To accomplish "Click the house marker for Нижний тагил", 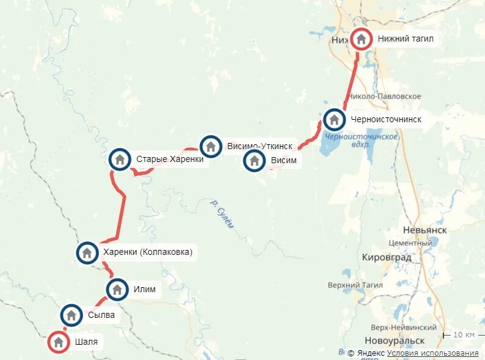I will click(361, 39).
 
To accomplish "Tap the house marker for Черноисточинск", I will click(334, 119).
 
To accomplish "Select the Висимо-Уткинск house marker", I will click(210, 146).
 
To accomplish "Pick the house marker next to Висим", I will click(254, 161).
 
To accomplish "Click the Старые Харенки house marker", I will click(120, 159).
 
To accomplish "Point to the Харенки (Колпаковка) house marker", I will click(87, 252).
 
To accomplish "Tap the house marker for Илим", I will click(117, 289).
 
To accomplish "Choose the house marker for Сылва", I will click(72, 315).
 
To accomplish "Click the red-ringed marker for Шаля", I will click(59, 342).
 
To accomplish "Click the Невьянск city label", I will click(425, 230).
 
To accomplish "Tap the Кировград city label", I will click(387, 257).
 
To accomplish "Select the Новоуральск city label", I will click(394, 340).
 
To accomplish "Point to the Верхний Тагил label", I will click(355, 285).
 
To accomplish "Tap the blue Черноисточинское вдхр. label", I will click(361, 140).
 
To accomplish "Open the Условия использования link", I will click(432, 353).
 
